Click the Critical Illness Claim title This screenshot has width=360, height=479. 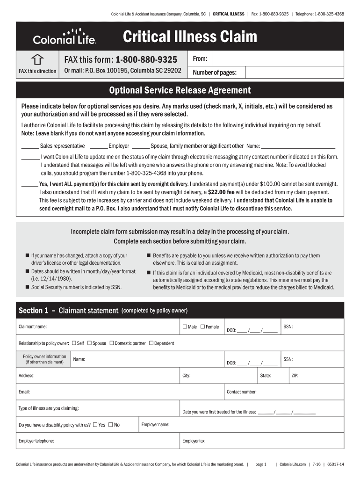coord(190,36)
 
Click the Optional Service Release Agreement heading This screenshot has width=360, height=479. coord(180,90)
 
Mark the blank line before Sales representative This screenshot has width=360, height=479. coord(30,146)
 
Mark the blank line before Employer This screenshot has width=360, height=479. coord(98,146)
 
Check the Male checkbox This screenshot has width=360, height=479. coord(185,327)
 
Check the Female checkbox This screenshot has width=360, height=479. coord(202,327)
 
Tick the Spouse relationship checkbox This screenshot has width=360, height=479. coord(89,343)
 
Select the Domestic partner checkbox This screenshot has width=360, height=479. coord(112,343)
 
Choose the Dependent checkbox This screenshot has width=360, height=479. coord(151,343)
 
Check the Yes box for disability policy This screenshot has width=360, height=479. coord(95,425)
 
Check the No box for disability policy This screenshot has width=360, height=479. coord(111,425)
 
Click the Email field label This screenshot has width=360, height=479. coord(24,392)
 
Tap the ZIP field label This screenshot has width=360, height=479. coord(295,376)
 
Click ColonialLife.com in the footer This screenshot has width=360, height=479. coord(292,464)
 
